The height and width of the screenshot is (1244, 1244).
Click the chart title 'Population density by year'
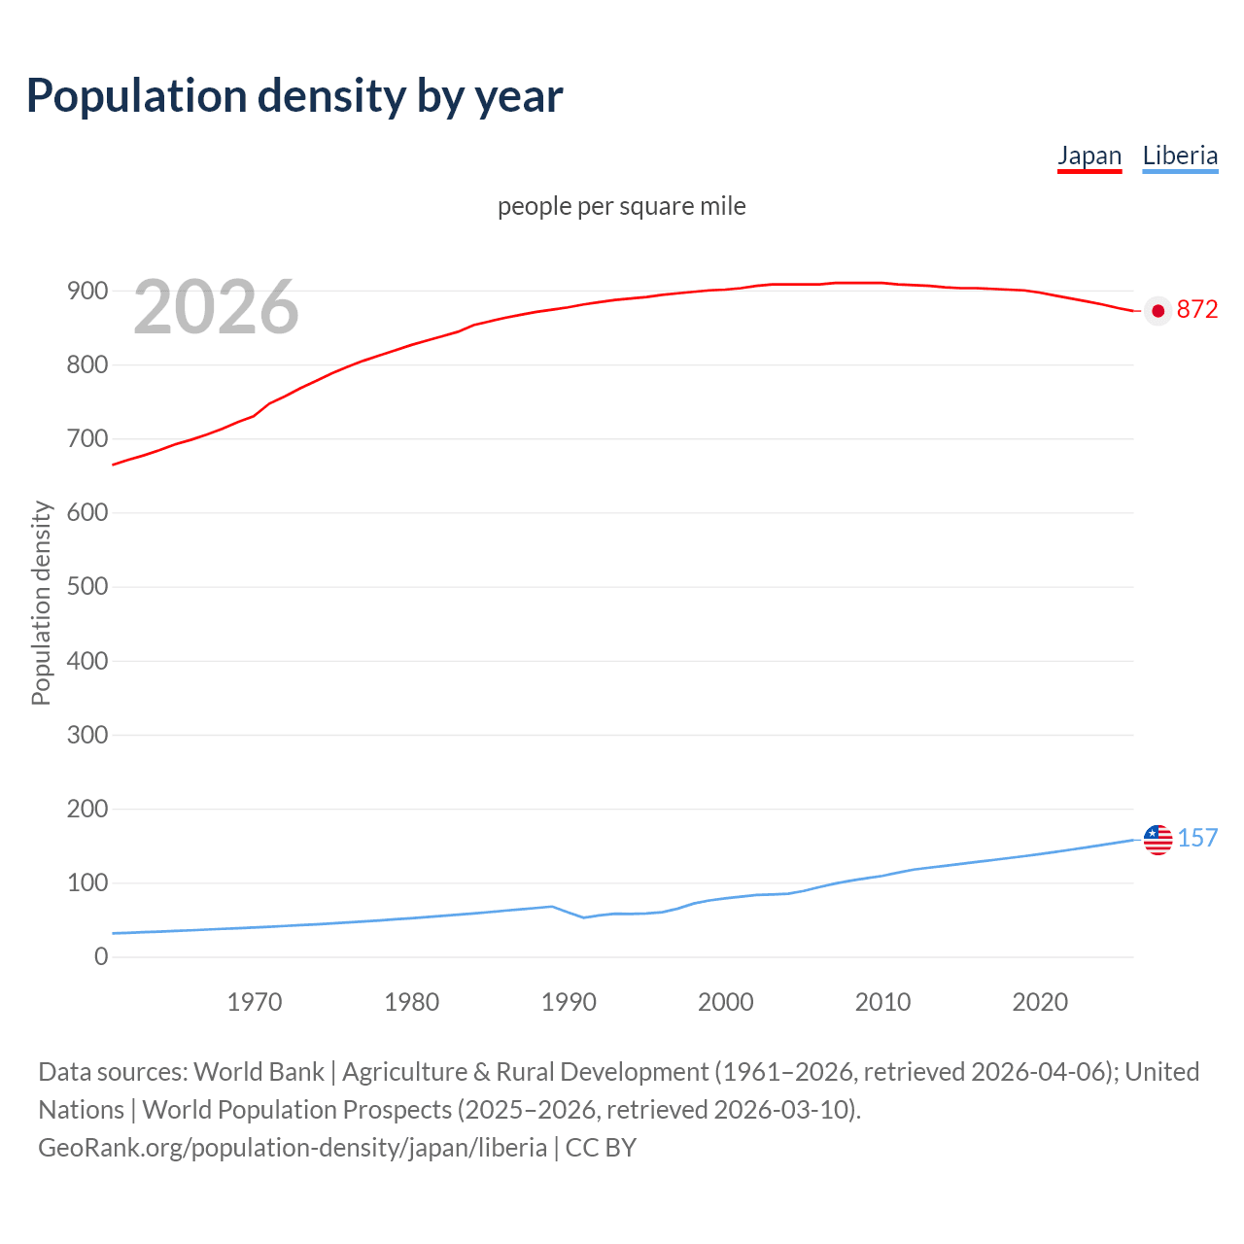pyautogui.click(x=294, y=95)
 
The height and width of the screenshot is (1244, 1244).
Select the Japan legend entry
pyautogui.click(x=1089, y=155)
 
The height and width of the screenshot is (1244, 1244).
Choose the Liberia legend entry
pyautogui.click(x=1180, y=155)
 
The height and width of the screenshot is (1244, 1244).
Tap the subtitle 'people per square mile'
pyautogui.click(x=621, y=206)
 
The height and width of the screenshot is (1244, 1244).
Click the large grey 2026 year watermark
pyautogui.click(x=216, y=307)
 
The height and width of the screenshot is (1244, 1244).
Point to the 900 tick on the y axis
pyautogui.click(x=87, y=291)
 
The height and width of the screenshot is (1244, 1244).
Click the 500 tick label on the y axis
pyautogui.click(x=87, y=587)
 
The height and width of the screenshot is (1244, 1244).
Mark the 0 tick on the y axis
pyautogui.click(x=101, y=957)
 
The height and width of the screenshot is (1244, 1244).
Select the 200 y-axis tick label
pyautogui.click(x=87, y=809)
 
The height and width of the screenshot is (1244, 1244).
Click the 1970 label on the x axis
pyautogui.click(x=255, y=1002)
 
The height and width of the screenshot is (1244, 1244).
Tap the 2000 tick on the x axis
pyautogui.click(x=726, y=1002)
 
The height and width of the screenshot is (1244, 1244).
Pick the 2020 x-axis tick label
pyautogui.click(x=1040, y=1002)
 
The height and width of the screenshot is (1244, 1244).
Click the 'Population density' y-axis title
pyautogui.click(x=41, y=603)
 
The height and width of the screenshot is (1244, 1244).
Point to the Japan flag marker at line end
pyautogui.click(x=1158, y=311)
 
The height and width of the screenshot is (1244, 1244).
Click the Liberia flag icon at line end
pyautogui.click(x=1158, y=839)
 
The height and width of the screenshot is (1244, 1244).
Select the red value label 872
pyautogui.click(x=1196, y=309)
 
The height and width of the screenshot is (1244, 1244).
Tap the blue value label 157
pyautogui.click(x=1197, y=838)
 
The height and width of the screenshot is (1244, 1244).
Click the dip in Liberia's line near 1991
pyautogui.click(x=584, y=916)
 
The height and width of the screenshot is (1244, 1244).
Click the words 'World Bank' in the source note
pyautogui.click(x=259, y=1072)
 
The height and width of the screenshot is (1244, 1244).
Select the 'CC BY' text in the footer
pyautogui.click(x=601, y=1148)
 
